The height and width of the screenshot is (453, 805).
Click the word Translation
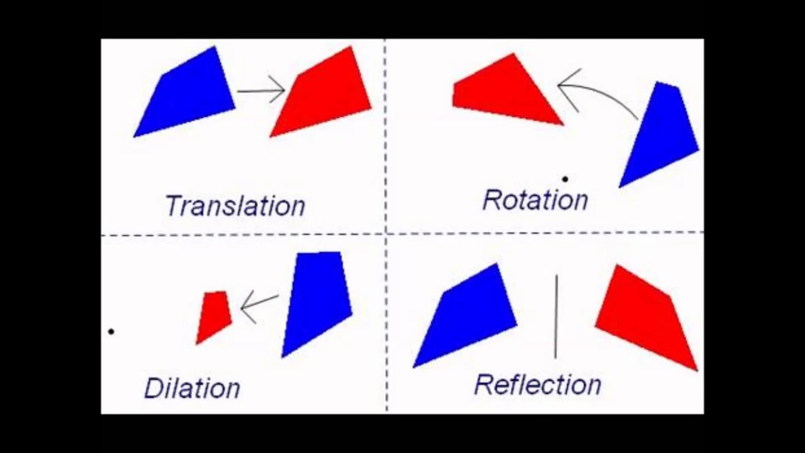(x=235, y=206)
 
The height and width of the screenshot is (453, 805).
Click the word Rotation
(x=535, y=200)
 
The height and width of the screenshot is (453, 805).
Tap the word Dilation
(x=192, y=388)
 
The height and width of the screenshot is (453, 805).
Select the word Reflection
(x=538, y=384)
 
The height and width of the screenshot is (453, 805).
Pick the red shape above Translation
(x=324, y=92)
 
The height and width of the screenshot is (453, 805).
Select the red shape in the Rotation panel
(x=503, y=92)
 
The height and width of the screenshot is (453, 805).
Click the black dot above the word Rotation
(x=565, y=179)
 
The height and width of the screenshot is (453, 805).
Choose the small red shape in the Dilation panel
(x=214, y=315)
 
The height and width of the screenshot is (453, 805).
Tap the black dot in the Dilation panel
(x=111, y=331)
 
